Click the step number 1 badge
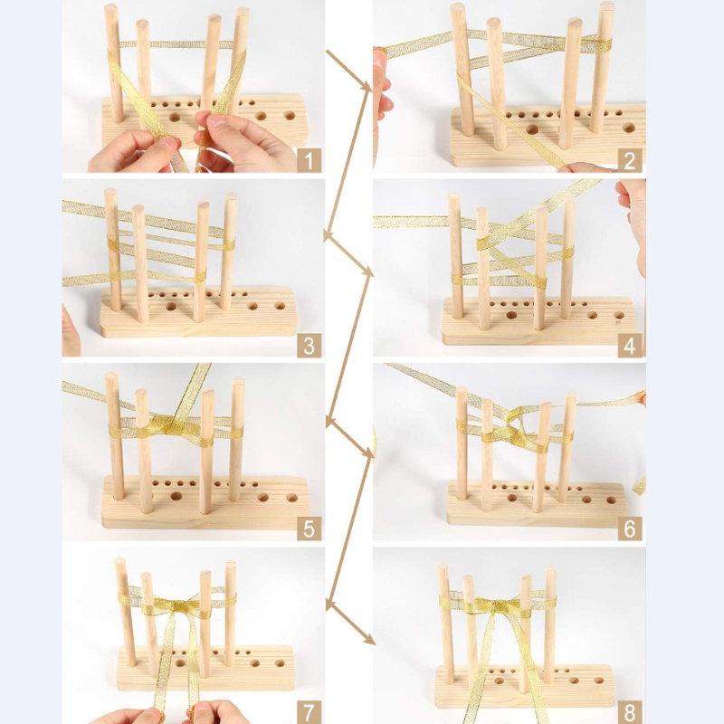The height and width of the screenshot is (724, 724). point(309,161)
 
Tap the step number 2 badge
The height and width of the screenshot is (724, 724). point(630,161)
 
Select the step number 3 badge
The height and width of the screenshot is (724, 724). point(309,345)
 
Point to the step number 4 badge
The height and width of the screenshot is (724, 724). point(630,345)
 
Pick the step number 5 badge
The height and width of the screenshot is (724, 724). point(309,528)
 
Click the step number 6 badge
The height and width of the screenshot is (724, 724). point(630,528)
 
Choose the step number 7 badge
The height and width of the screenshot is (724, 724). point(309,710)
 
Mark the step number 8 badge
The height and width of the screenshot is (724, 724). point(630,710)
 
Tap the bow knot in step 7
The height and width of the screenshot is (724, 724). point(176,604)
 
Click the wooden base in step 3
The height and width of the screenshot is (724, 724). point(199,317)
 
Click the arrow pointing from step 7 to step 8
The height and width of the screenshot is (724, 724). point(351,624)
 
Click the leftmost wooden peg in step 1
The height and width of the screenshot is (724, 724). point(113,63)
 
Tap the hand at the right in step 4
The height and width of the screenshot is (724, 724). point(633,217)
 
